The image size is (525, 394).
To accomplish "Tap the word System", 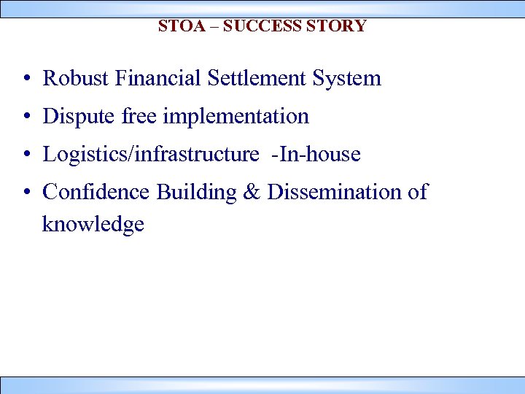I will pos(347,79).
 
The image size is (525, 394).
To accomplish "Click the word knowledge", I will pos(93,225).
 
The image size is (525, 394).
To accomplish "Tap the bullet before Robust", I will pos(26,79).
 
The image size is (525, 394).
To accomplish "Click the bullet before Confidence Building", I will pos(26,193).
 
